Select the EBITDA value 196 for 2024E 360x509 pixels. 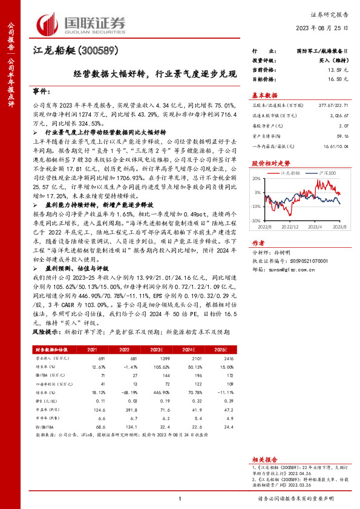pyautogui.click(x=195, y=375)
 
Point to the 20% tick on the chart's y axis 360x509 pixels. pyautogui.click(x=257, y=179)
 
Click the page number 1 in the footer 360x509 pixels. pyautogui.click(x=180, y=498)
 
